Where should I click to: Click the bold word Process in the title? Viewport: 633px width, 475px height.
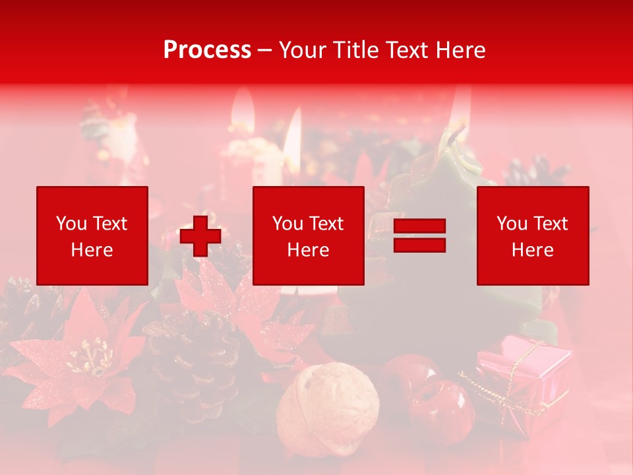coord(207,49)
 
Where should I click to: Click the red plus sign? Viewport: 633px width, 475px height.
coord(200,236)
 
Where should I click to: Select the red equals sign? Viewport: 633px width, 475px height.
coord(419,236)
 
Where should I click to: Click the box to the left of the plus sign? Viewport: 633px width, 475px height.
coord(92,236)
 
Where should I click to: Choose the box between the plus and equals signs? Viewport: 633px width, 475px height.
coord(308,236)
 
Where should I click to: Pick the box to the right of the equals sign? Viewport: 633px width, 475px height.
coord(533,236)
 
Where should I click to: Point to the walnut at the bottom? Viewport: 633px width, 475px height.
coord(328,408)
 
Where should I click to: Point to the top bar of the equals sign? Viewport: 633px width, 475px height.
coord(419,226)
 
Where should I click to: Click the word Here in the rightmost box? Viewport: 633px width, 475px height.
coord(533,249)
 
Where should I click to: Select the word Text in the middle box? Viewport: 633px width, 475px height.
coord(325,223)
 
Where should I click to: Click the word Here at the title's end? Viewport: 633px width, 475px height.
coord(459,49)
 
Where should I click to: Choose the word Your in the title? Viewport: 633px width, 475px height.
coord(302,49)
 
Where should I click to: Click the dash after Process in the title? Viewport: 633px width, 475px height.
coord(265,49)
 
